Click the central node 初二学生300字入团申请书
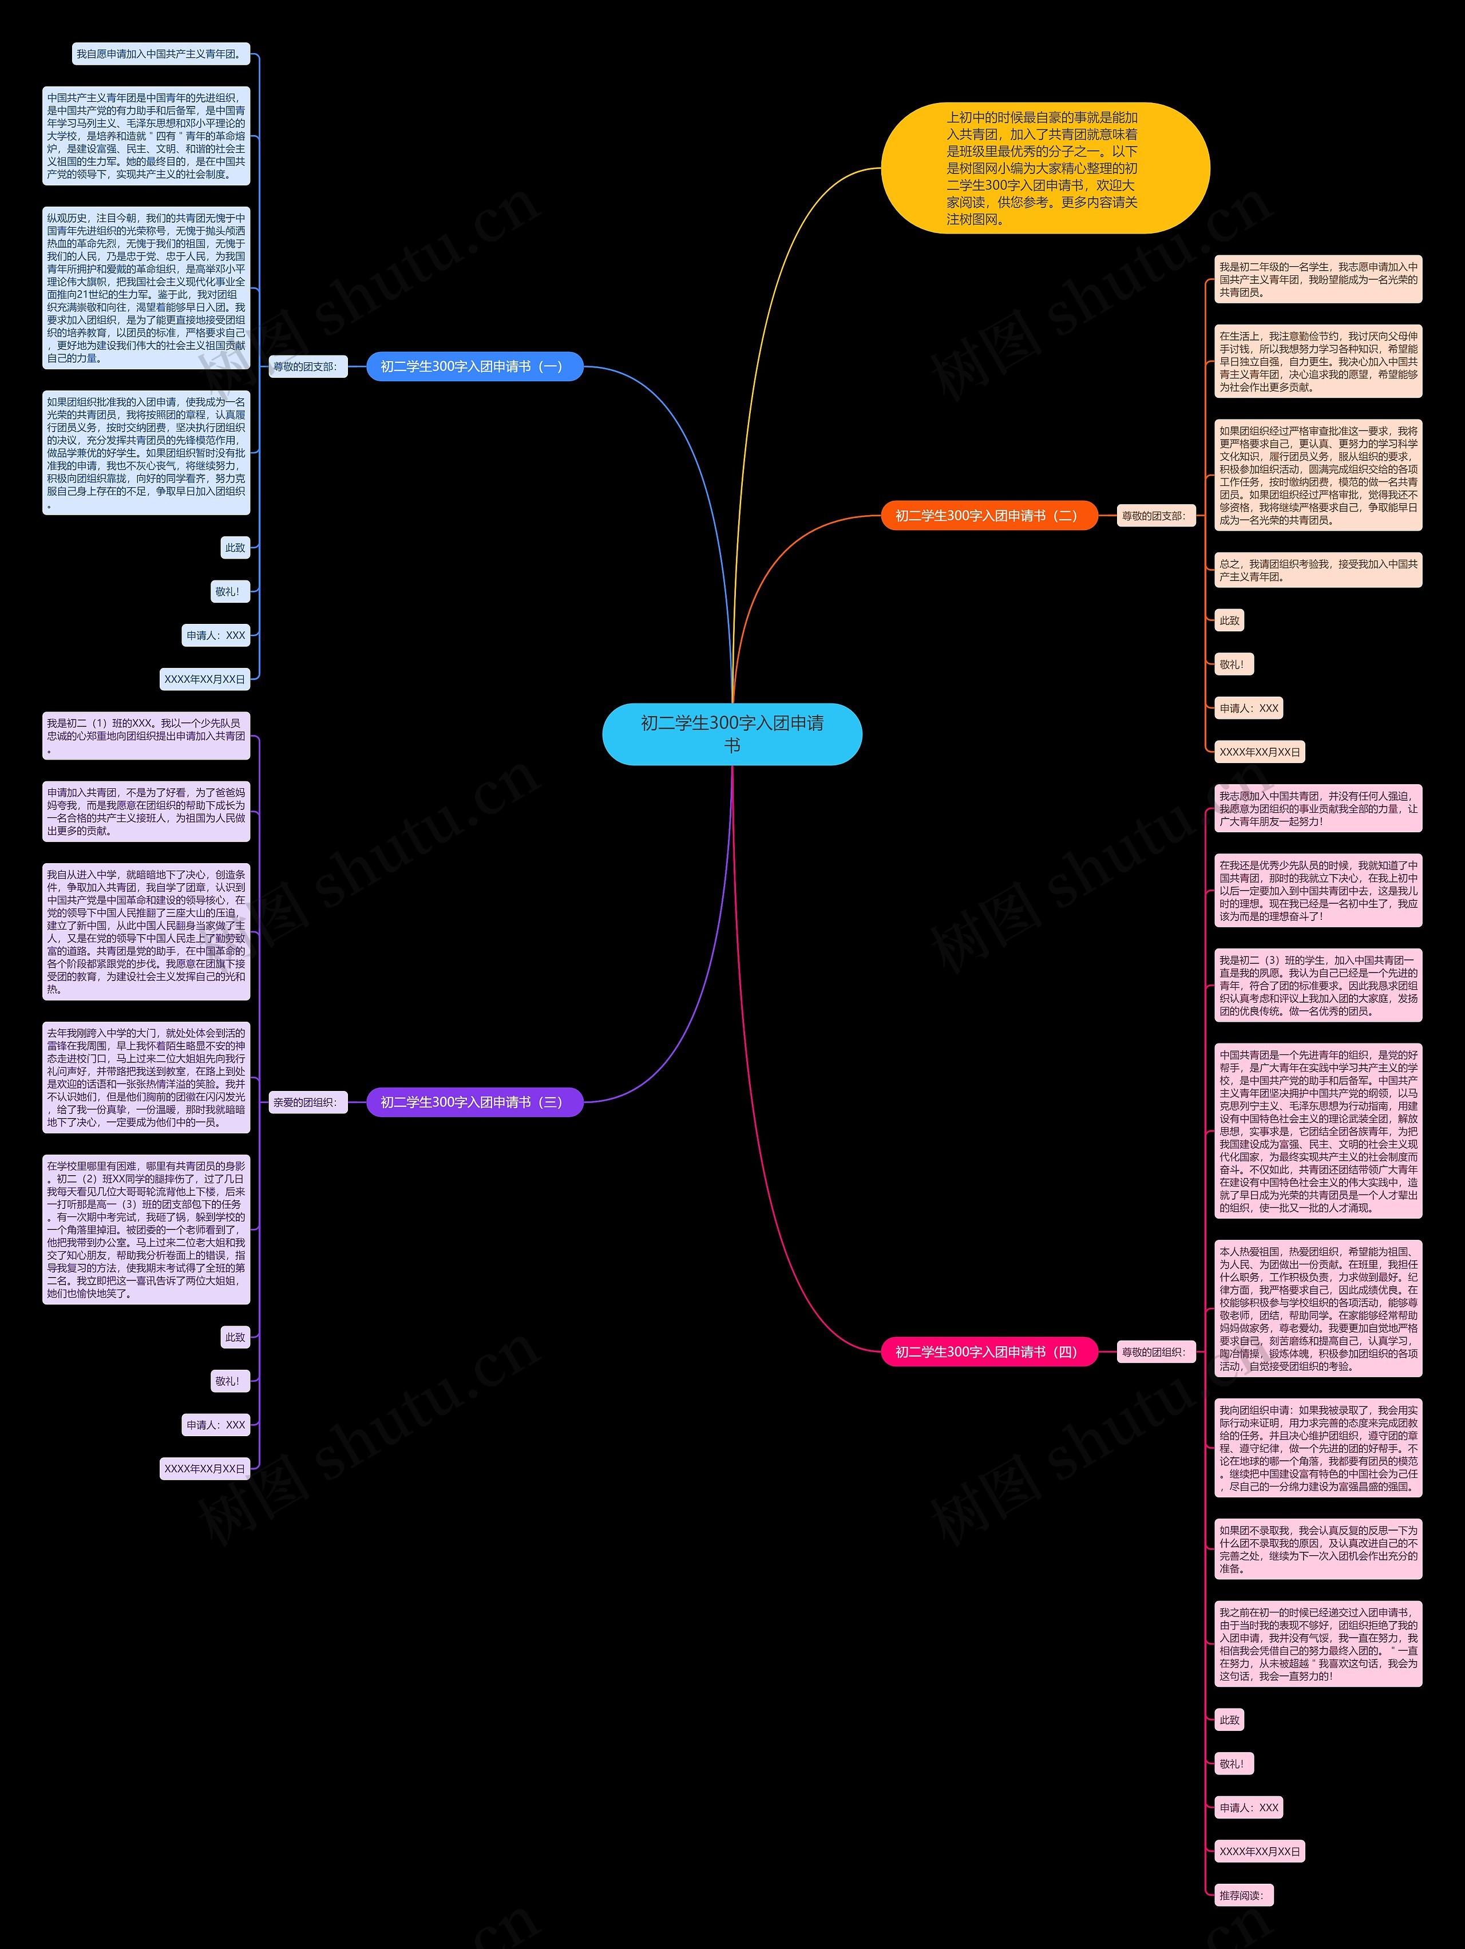pos(731,734)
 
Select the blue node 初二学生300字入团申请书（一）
pos(474,366)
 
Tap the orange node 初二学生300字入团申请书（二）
pos(988,516)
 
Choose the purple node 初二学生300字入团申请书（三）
pos(474,1102)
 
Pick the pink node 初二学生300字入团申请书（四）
pos(988,1351)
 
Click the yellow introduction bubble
pos(1045,168)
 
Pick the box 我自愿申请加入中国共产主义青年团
pos(160,54)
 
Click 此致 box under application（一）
pos(235,547)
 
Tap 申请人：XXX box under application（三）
pos(216,1425)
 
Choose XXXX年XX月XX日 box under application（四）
pos(1259,1851)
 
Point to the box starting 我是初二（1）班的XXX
pos(146,735)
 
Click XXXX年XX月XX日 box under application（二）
pos(1259,752)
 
